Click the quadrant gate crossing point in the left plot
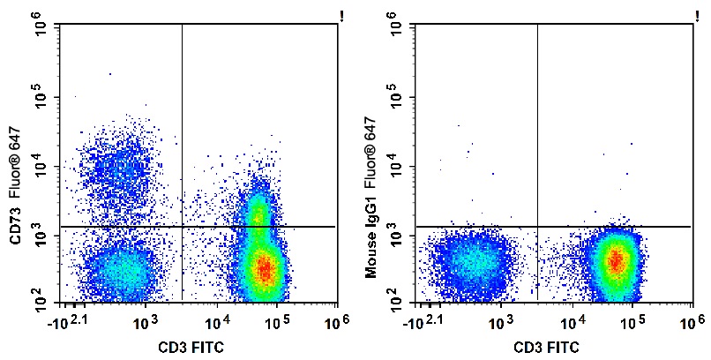coord(182,227)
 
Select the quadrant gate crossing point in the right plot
coord(537,227)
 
